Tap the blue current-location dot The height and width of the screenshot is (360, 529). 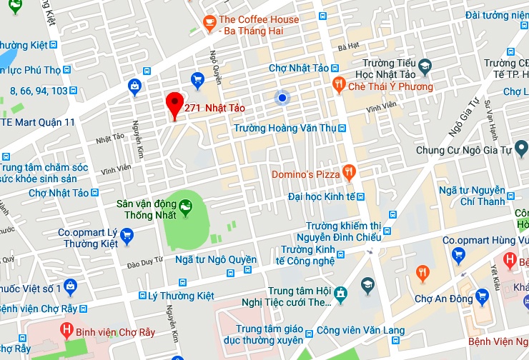282,98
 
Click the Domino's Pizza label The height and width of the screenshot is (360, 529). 305,174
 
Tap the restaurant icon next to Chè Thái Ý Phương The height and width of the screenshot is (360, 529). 340,86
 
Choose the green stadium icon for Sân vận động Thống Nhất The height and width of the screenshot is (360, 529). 186,207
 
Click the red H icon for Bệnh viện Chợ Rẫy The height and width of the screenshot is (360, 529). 66,331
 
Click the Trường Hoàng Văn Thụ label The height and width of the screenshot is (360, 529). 285,128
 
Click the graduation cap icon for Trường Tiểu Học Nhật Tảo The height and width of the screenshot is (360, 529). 425,66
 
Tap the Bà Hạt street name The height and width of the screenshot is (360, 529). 348,47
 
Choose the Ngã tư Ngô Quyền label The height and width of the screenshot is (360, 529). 215,259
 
